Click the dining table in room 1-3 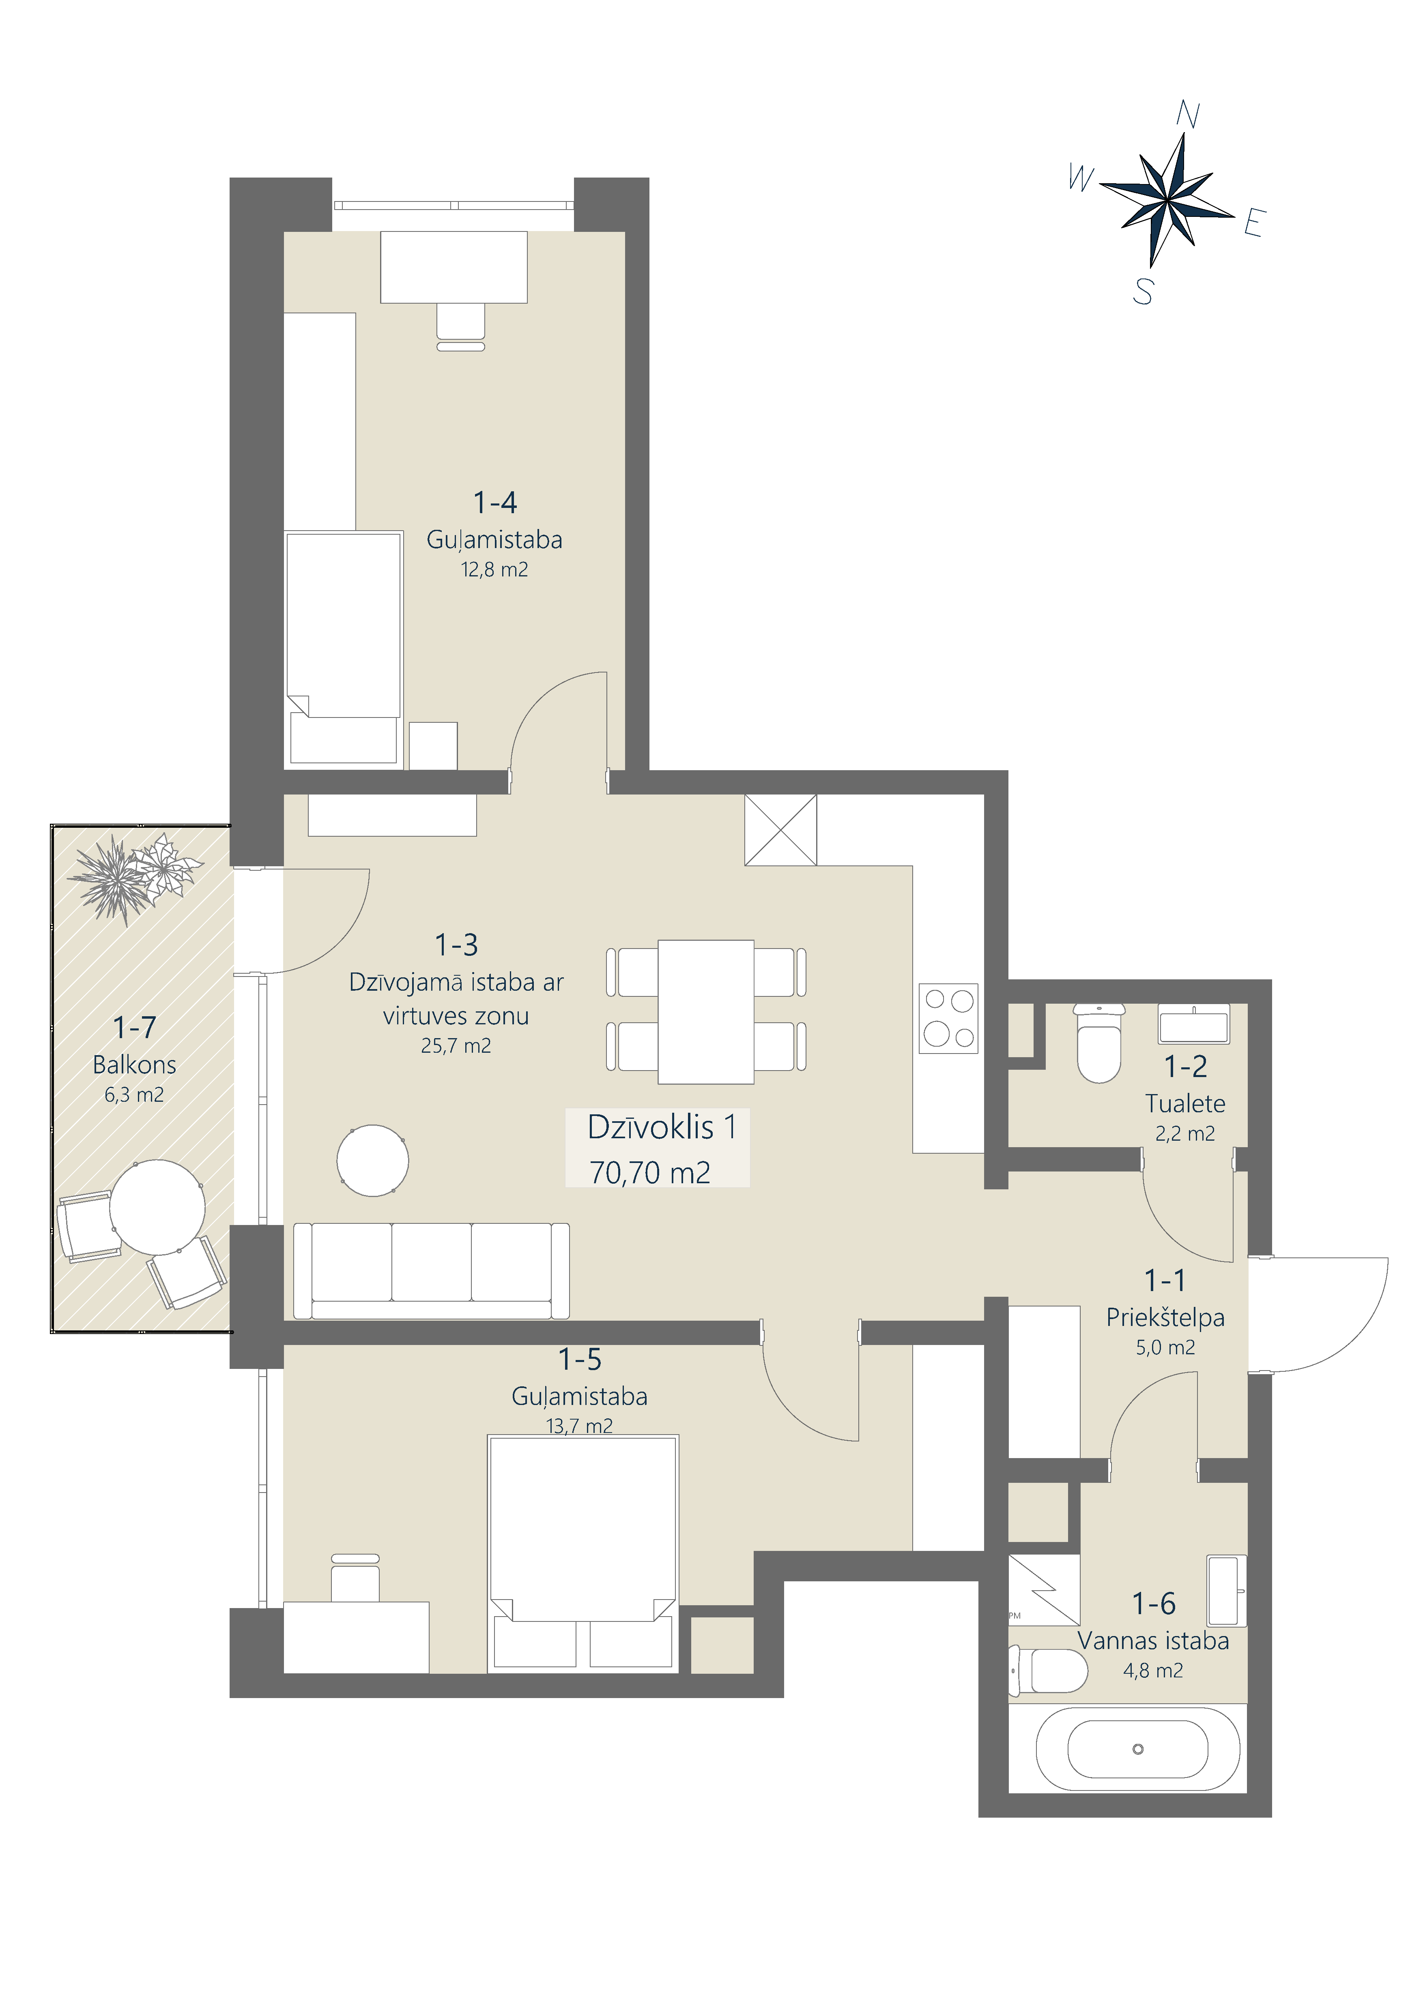(x=705, y=1012)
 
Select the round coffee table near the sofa (x=372, y=1161)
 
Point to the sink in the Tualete (x=1193, y=1024)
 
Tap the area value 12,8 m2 (x=494, y=570)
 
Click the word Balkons (x=134, y=1065)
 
